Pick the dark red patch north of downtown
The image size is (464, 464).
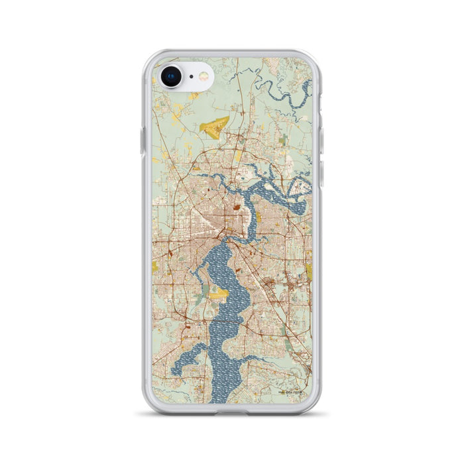[237, 211]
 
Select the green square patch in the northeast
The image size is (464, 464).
[283, 140]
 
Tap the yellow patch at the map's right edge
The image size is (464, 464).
[309, 270]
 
